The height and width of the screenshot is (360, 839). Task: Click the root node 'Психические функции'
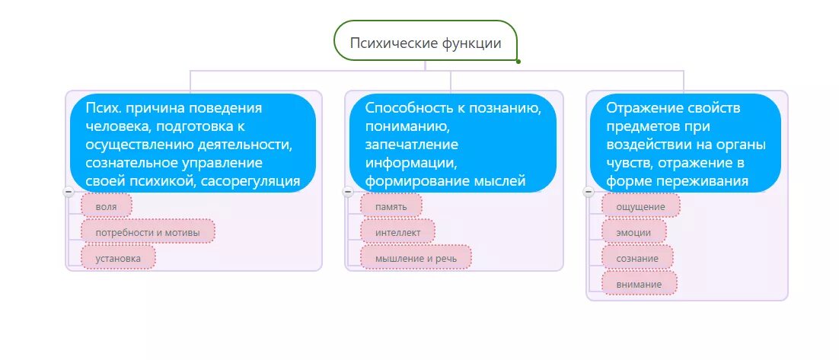point(425,43)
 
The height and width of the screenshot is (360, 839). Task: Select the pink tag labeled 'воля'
point(106,205)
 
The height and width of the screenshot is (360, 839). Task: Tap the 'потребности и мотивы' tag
point(148,231)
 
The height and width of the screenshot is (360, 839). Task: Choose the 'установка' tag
point(118,258)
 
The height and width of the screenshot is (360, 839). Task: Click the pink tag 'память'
point(391,205)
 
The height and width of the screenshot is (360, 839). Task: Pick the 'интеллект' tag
point(397,231)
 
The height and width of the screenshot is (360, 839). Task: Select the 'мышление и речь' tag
point(416,258)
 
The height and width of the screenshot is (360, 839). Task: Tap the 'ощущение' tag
point(640,205)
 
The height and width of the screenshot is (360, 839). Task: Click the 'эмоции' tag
point(633,232)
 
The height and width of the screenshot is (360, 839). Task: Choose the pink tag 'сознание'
point(637,258)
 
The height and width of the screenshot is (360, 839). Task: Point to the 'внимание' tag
point(639,285)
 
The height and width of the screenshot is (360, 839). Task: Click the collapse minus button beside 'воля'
point(69,192)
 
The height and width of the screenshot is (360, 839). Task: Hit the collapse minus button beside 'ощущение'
point(589,192)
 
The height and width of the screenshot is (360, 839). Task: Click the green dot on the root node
point(518,62)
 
